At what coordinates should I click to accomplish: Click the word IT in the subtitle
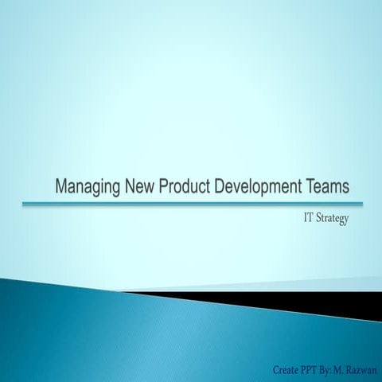pos(307,219)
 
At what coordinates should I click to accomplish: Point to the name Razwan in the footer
pos(363,369)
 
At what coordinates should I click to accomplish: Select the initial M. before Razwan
pos(343,369)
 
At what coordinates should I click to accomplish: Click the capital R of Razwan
pos(352,369)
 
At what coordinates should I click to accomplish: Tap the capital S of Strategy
pos(320,219)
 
